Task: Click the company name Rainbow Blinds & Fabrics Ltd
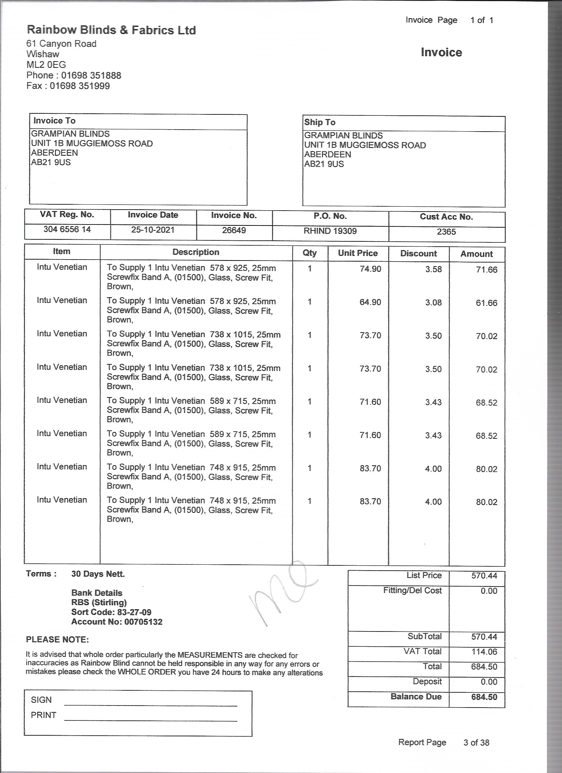click(x=111, y=30)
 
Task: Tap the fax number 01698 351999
click(x=80, y=86)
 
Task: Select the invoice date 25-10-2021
click(x=153, y=230)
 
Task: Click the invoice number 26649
click(x=234, y=230)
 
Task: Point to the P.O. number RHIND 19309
click(x=330, y=231)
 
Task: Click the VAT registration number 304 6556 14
click(x=67, y=229)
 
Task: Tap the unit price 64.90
click(x=370, y=302)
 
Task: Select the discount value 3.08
click(x=433, y=303)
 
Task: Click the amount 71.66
click(x=486, y=270)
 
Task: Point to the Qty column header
click(x=309, y=253)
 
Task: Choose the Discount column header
click(x=418, y=254)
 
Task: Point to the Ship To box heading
click(x=320, y=122)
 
